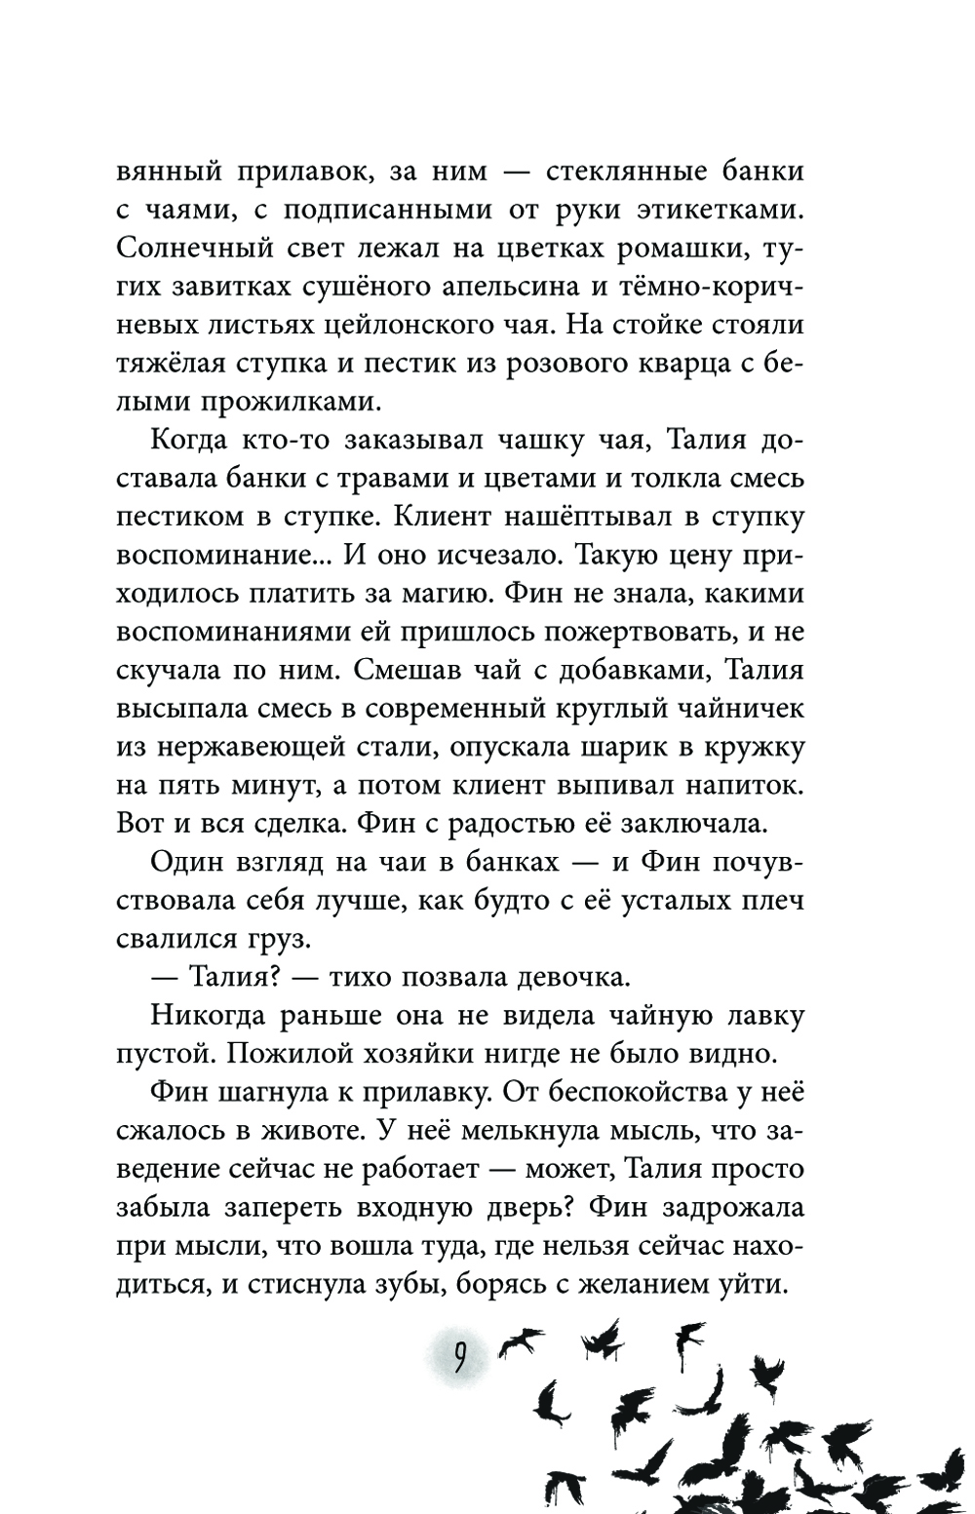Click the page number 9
pyautogui.click(x=457, y=1356)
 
